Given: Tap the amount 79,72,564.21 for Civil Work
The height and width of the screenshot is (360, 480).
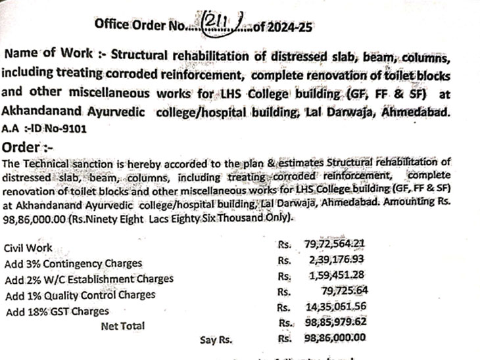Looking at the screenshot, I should pos(334,244).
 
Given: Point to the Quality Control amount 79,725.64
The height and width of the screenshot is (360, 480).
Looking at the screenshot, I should pos(348,290).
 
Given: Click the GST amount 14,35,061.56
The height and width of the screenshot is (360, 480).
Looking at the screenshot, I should pos(337,307).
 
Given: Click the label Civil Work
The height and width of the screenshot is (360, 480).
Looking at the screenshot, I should pos(28,249).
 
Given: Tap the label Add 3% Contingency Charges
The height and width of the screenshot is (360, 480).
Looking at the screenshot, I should pos(73,263).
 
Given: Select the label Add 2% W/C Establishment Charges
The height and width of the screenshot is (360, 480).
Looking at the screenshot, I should pos(89,279).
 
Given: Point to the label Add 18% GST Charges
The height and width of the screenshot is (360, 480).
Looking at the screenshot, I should pos(57,311).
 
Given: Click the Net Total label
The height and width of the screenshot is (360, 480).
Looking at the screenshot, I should pos(123,325).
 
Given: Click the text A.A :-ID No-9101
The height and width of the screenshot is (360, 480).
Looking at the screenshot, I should pos(45,129).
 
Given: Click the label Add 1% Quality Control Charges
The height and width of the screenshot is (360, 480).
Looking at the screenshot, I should pos(80,294).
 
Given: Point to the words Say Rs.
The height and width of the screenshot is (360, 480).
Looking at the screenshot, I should pos(216,340).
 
